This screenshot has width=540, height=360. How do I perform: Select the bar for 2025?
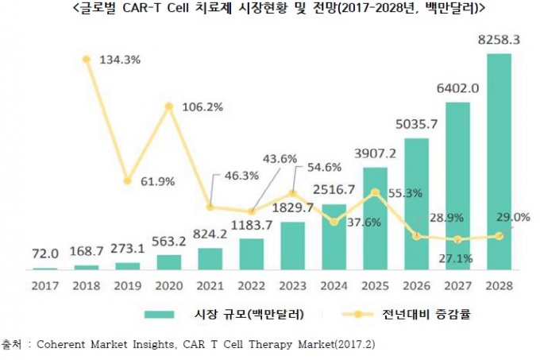tap(375, 218)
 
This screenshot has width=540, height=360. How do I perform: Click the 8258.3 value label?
tap(499, 38)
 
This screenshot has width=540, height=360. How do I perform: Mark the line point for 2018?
tap(87, 59)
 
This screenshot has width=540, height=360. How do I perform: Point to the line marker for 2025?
tap(375, 192)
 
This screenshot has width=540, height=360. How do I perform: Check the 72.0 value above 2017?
tap(45, 256)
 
